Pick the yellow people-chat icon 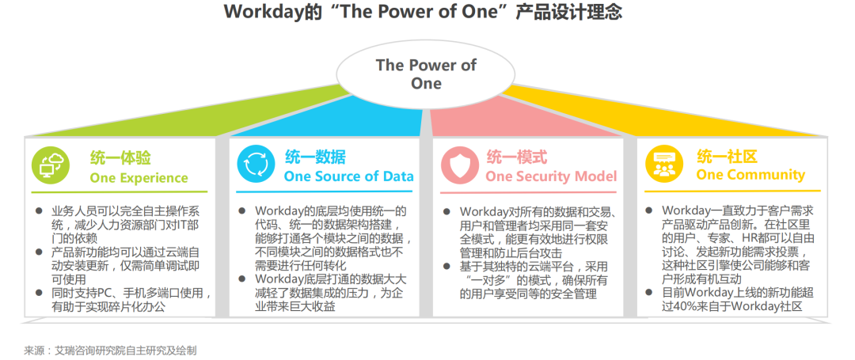coord(664,164)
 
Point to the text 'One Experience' coord(139,177)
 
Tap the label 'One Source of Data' coord(348,176)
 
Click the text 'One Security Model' coord(551,176)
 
